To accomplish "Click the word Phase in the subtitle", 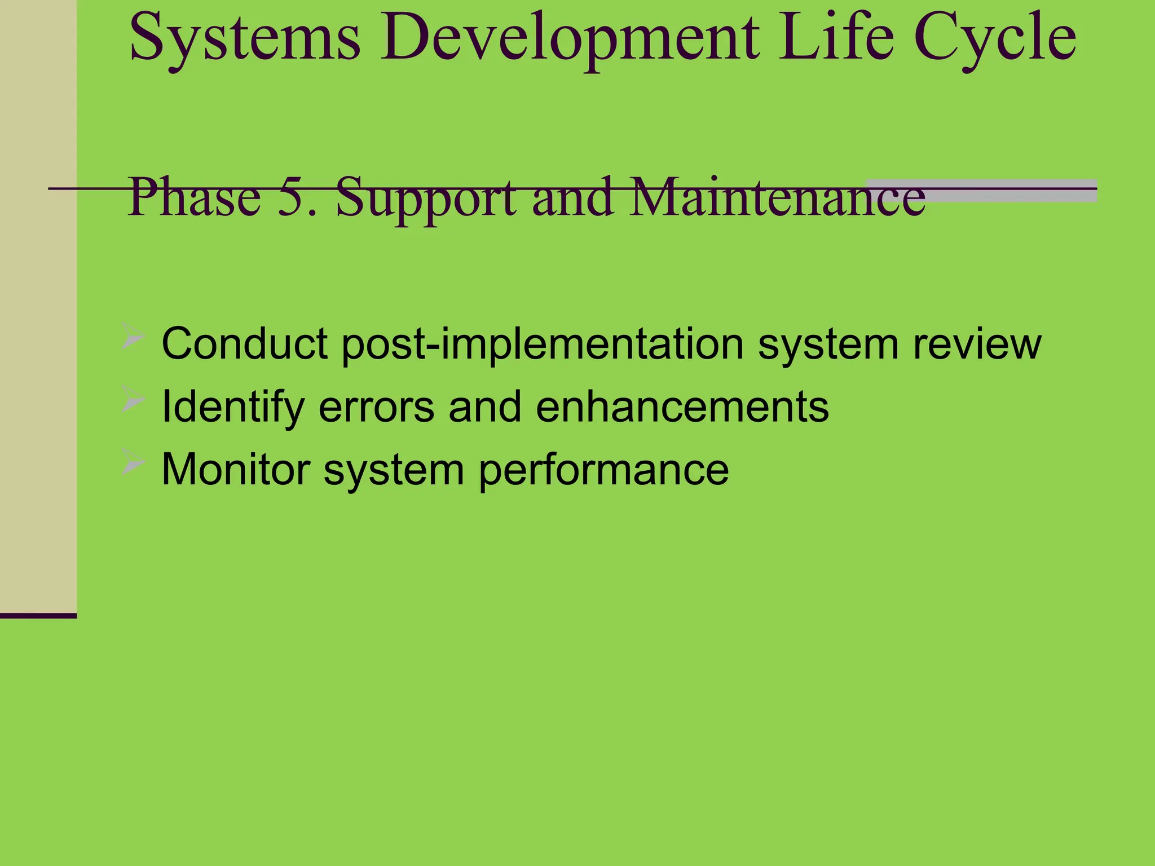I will [x=195, y=197].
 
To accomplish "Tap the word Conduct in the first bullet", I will [x=244, y=343].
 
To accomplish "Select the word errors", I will [x=376, y=407].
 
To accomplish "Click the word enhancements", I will [x=682, y=407].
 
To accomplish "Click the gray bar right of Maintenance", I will [x=1009, y=191].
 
